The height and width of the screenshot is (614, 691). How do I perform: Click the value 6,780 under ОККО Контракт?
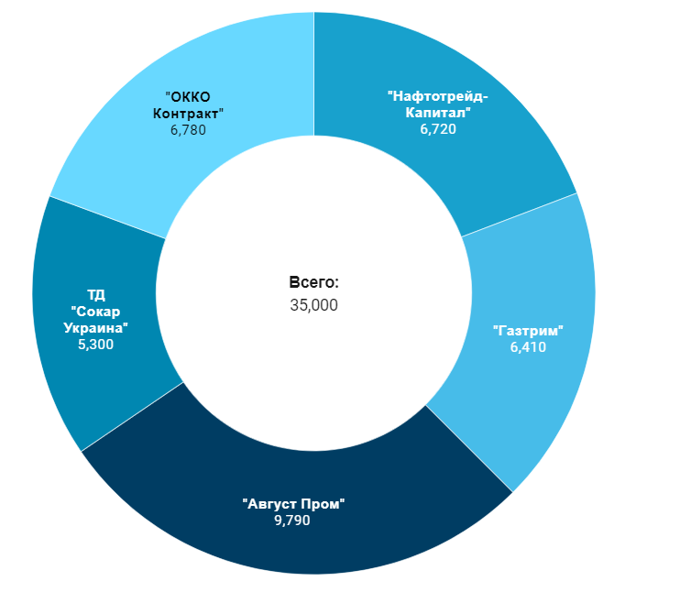(188, 130)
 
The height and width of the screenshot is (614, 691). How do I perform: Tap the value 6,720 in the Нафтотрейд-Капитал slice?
(438, 129)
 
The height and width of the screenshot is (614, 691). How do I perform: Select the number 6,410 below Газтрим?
(528, 346)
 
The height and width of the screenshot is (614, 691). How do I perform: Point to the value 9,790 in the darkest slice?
(292, 521)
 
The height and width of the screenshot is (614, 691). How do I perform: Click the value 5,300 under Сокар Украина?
(96, 345)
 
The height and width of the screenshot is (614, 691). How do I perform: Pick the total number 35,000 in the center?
(313, 304)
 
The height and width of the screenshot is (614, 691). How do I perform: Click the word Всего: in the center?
(313, 283)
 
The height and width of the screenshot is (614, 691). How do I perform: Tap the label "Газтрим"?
(528, 330)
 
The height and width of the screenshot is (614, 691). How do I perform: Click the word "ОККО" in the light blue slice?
(188, 96)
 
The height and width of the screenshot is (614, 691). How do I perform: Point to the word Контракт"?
(188, 113)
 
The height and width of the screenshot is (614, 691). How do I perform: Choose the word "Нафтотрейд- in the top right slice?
(438, 95)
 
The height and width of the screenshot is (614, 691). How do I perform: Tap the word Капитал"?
(438, 112)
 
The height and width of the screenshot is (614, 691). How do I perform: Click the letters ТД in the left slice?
(96, 294)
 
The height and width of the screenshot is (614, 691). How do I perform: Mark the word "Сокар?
(96, 312)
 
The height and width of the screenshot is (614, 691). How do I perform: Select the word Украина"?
(96, 328)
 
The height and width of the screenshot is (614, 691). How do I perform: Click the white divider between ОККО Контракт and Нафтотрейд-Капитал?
(313, 73)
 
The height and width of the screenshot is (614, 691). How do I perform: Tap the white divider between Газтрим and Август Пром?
(469, 449)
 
